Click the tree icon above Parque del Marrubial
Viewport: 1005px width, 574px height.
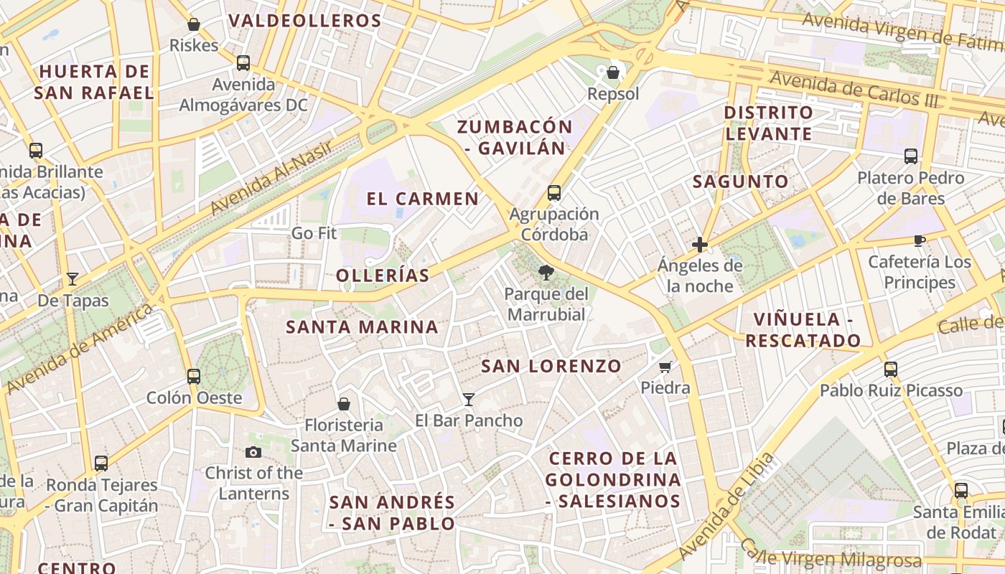click(x=546, y=273)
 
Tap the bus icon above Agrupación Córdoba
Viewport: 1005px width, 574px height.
click(x=553, y=192)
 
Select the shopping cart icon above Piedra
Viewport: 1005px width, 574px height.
click(x=665, y=367)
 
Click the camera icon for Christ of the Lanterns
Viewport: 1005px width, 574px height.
click(x=253, y=452)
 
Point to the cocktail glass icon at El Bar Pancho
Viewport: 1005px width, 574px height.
click(x=469, y=399)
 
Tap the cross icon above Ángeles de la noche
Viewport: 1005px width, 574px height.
click(x=700, y=245)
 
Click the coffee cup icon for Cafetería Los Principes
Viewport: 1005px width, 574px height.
click(x=919, y=240)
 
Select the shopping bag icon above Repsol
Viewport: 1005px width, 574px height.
click(x=613, y=72)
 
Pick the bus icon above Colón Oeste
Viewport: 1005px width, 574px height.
click(x=194, y=376)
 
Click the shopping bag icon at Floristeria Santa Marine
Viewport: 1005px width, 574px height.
click(x=344, y=404)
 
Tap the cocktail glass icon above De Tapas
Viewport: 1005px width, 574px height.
click(x=73, y=278)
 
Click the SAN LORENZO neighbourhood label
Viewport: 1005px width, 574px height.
click(x=551, y=366)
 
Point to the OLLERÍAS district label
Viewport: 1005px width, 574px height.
click(x=383, y=276)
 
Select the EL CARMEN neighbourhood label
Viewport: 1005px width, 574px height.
click(x=422, y=199)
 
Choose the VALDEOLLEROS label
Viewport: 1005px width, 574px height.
click(x=304, y=21)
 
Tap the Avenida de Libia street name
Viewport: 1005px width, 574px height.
click(x=726, y=506)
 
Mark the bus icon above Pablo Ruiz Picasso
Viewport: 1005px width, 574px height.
click(x=891, y=369)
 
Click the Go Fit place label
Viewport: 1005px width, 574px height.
click(x=314, y=233)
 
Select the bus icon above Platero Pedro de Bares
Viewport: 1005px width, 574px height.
click(x=911, y=156)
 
